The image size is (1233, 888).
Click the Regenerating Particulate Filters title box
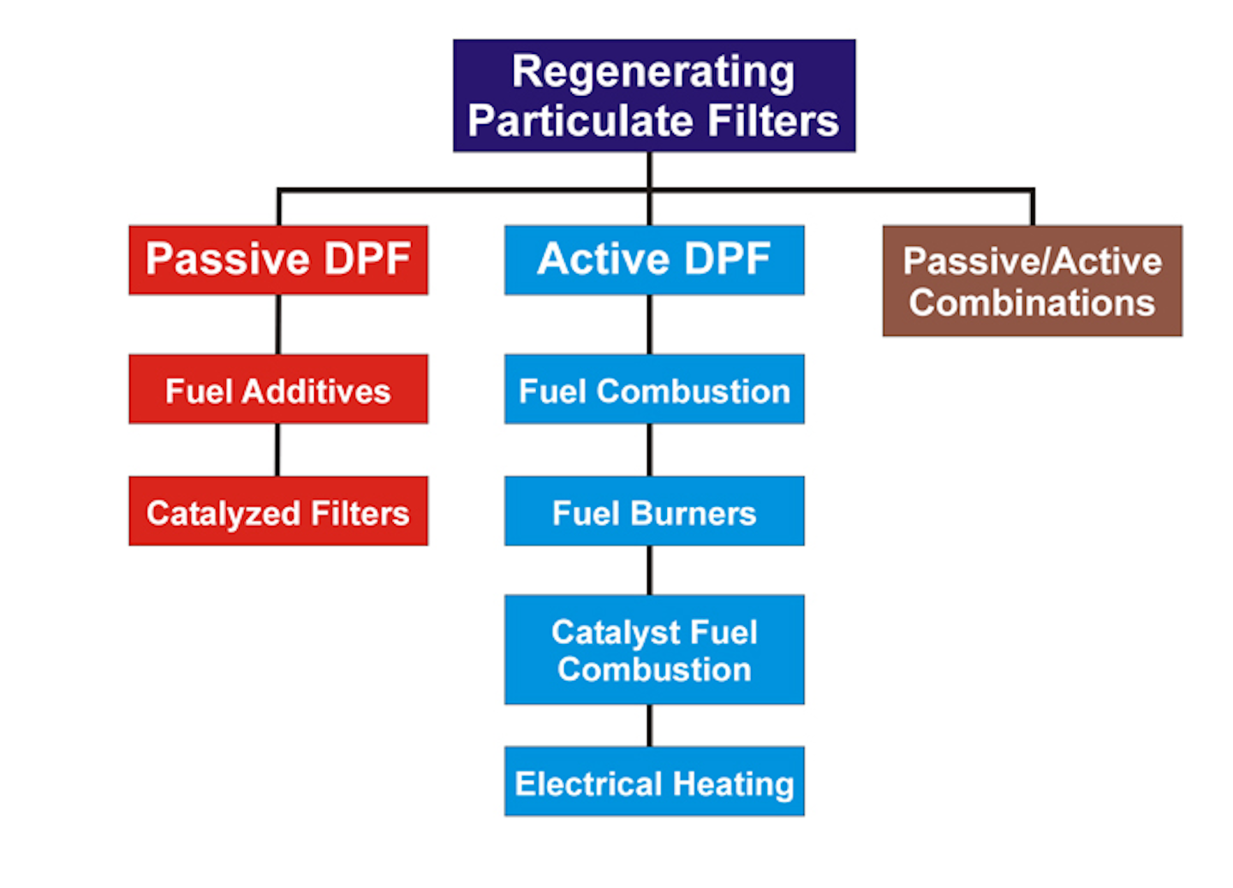(653, 95)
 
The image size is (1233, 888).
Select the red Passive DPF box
(278, 259)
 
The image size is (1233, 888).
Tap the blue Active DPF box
(653, 259)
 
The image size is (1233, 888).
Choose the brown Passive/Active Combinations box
(1032, 281)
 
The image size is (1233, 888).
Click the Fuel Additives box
(278, 390)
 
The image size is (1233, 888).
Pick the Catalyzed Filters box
(278, 511)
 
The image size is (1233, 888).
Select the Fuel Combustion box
(653, 390)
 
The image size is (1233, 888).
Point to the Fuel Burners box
(653, 511)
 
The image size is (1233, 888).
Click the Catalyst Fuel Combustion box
(653, 650)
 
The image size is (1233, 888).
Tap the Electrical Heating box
(653, 781)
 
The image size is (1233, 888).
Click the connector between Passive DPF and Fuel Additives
(278, 325)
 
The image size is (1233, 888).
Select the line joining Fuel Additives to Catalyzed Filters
(277, 450)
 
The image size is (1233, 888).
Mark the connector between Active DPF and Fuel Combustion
(650, 325)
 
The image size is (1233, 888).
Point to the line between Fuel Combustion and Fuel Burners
(650, 450)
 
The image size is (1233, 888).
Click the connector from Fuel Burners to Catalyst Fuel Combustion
(650, 570)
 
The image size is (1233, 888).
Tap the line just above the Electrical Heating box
(650, 725)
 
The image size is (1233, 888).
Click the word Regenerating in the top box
(653, 71)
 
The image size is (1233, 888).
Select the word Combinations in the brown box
(1032, 303)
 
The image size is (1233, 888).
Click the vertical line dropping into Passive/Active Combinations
(1033, 208)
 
